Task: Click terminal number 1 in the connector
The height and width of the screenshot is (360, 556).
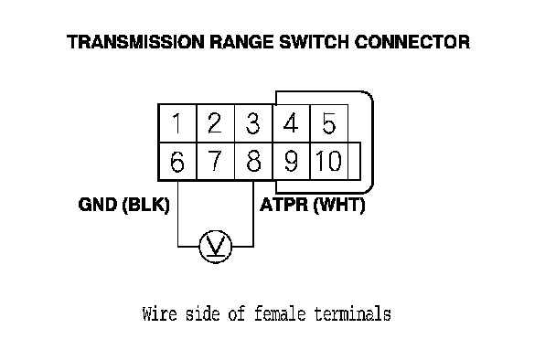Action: [176, 123]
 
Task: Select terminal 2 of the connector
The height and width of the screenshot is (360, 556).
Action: [215, 123]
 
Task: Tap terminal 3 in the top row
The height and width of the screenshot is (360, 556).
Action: [252, 123]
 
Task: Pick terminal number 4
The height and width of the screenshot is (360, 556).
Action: [291, 123]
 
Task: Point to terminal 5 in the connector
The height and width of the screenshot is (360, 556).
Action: [328, 123]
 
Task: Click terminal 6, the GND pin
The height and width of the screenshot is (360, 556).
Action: [176, 162]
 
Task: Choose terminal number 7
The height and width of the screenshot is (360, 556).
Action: [215, 162]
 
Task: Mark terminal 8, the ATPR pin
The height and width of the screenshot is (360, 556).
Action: [252, 162]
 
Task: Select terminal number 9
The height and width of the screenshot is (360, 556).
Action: [291, 162]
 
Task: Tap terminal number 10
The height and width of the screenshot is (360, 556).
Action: [328, 162]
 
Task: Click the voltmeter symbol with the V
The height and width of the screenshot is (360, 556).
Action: [216, 247]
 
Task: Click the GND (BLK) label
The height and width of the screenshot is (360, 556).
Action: [123, 206]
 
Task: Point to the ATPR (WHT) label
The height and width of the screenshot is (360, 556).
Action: [313, 206]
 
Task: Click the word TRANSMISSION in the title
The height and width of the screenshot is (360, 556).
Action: [135, 42]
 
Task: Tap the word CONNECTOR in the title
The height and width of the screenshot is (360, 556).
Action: [412, 42]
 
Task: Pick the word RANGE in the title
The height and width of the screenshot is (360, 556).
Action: [241, 42]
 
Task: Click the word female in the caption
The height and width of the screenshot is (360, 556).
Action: [280, 314]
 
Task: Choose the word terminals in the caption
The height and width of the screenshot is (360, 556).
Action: [352, 314]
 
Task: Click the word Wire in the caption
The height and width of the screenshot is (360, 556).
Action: [159, 314]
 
